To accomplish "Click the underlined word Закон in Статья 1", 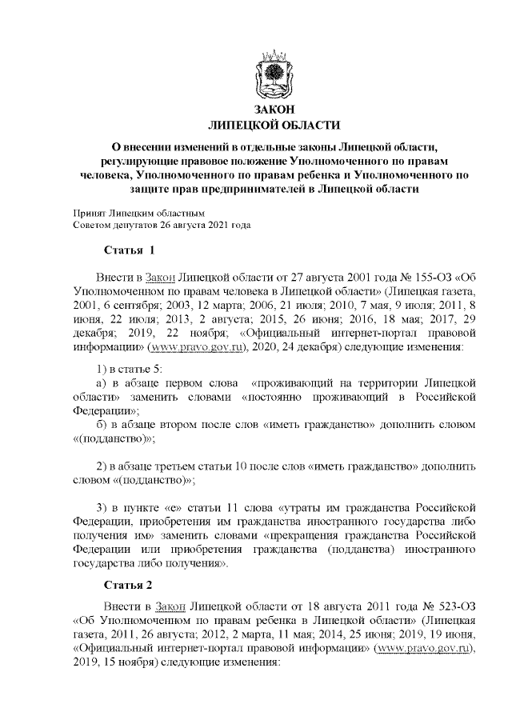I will click(158, 276).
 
